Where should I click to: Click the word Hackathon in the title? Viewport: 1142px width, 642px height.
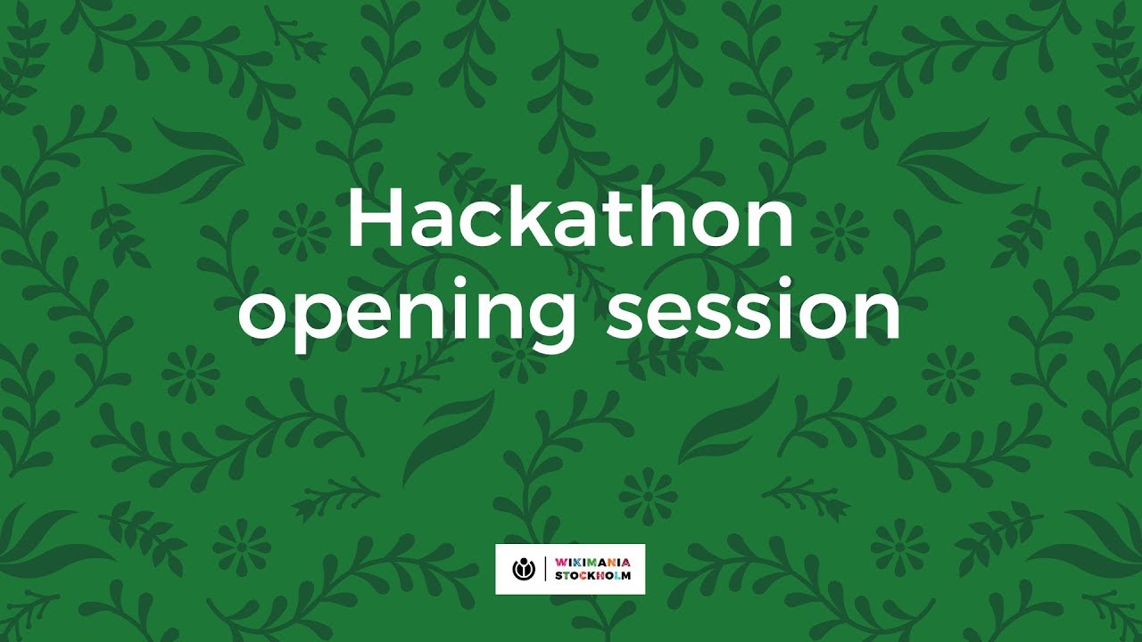[570, 220]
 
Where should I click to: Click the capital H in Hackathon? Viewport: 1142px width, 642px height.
[370, 219]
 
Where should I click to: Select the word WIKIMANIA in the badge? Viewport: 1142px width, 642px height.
[592, 563]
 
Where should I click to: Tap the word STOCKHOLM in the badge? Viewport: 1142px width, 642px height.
[592, 576]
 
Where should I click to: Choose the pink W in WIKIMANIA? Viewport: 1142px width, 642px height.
[559, 563]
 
